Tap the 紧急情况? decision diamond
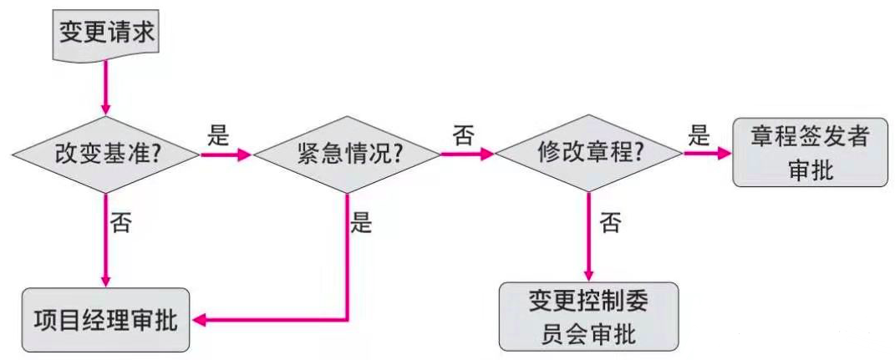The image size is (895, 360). click(x=347, y=155)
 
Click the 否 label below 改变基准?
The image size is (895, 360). click(x=122, y=224)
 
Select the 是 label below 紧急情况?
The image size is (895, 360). click(x=362, y=224)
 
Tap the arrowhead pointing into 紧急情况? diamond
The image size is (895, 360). click(x=244, y=155)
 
